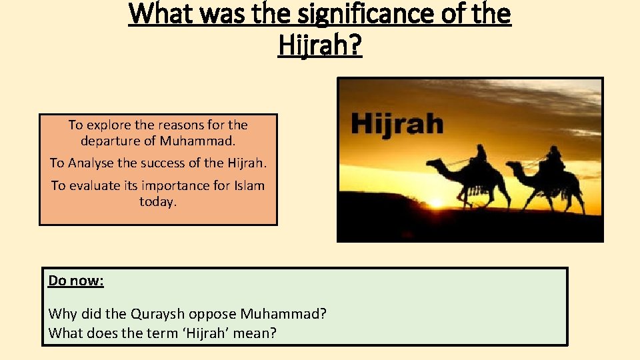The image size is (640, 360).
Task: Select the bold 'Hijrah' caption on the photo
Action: [x=397, y=123]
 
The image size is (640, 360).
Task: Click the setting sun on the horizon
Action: [x=436, y=202]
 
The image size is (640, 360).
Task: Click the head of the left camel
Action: [x=433, y=162]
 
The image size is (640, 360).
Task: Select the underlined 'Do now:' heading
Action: [x=76, y=281]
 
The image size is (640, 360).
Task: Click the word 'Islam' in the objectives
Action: [x=249, y=185]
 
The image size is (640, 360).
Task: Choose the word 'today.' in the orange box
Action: [x=158, y=201]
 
